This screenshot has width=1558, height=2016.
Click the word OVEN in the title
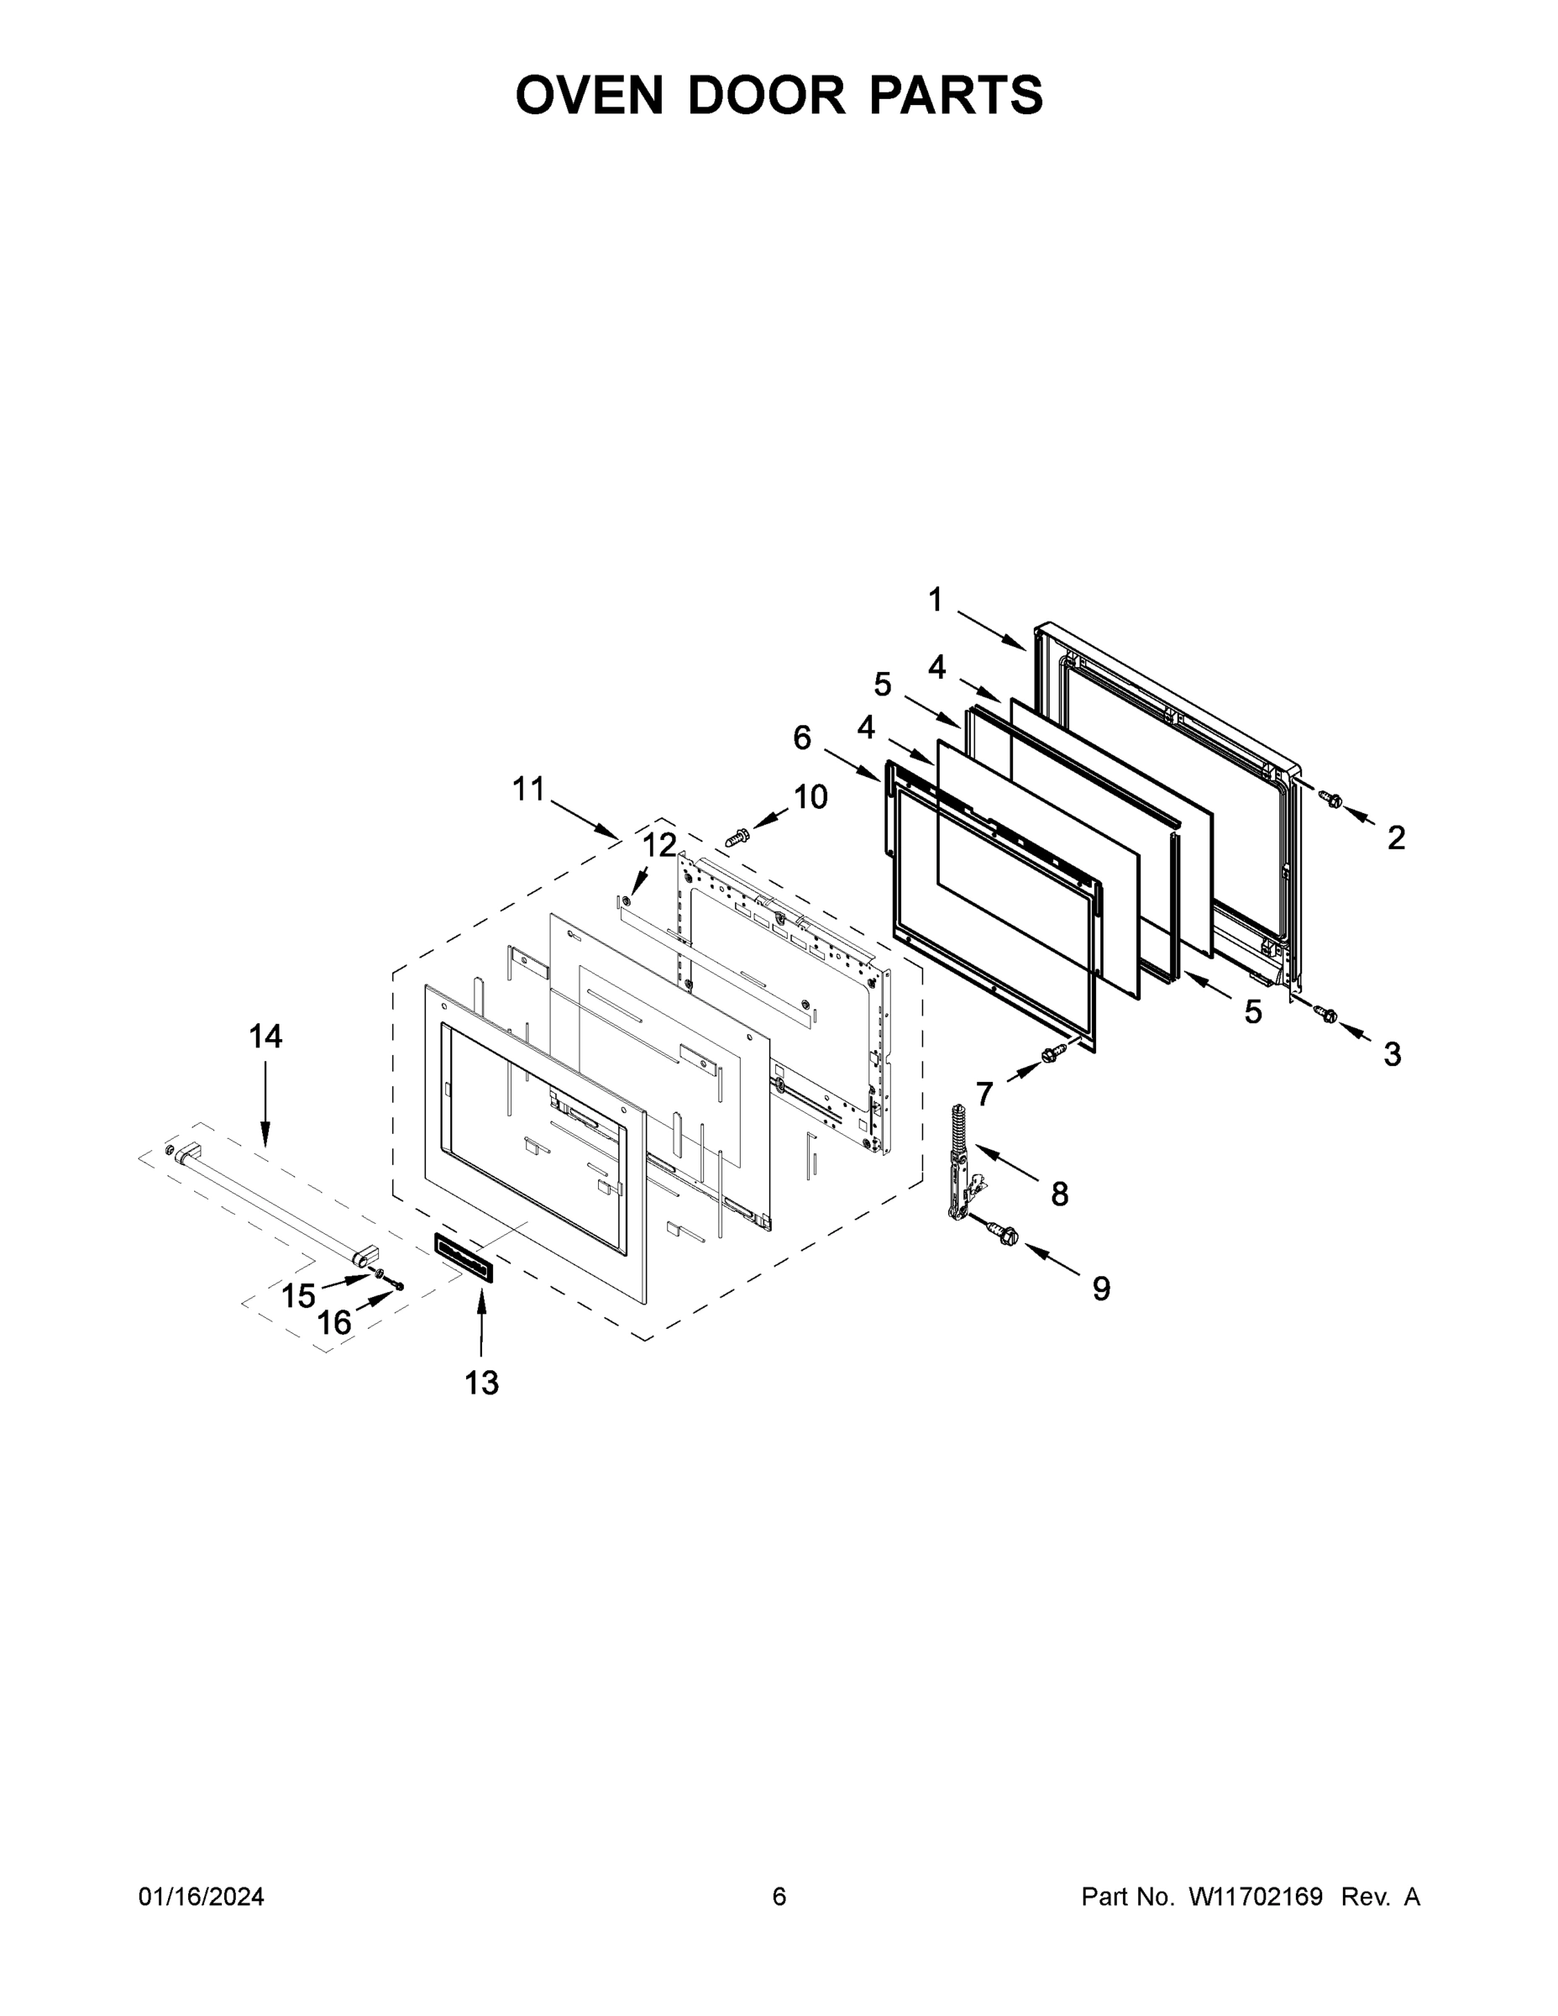pos(589,95)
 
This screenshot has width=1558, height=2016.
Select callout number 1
pos(935,600)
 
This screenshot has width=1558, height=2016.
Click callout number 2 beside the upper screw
pos(1396,837)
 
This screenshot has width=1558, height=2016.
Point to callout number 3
pos(1392,1053)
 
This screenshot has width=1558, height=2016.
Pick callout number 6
pos(802,738)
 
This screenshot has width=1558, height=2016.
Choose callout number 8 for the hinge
pos(1060,1194)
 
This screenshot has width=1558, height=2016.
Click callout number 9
pos(1100,1289)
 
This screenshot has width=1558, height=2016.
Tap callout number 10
pos(810,795)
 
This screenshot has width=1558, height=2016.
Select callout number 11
pos(529,790)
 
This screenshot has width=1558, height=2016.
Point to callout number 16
pos(334,1323)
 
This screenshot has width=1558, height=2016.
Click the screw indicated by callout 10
pos(737,837)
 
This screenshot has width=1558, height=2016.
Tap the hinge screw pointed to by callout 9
pos(1000,1231)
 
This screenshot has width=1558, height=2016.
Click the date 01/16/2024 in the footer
pos(202,1896)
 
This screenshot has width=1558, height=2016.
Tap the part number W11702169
pos(1256,1896)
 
